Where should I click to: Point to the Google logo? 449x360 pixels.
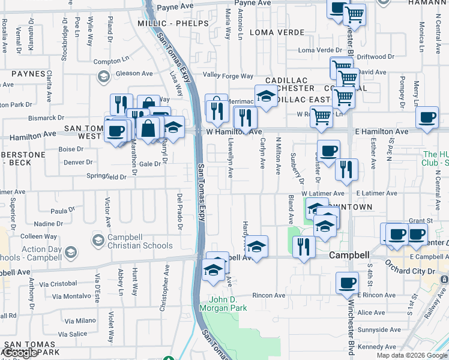point(20,353)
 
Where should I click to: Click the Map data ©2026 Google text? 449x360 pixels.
point(411,355)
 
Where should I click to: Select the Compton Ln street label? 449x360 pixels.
point(112,61)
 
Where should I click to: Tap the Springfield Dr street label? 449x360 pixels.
point(107,177)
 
